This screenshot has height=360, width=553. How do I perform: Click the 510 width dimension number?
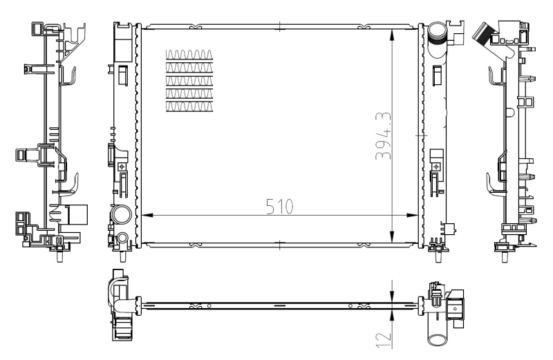pyautogui.click(x=280, y=207)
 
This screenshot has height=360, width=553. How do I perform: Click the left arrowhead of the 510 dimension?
pyautogui.click(x=146, y=215)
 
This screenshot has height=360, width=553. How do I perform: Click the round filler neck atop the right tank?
pyautogui.click(x=438, y=32)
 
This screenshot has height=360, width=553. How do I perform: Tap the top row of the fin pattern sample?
pyautogui.click(x=190, y=54)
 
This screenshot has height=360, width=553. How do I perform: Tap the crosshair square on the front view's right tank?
pyautogui.click(x=435, y=167)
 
